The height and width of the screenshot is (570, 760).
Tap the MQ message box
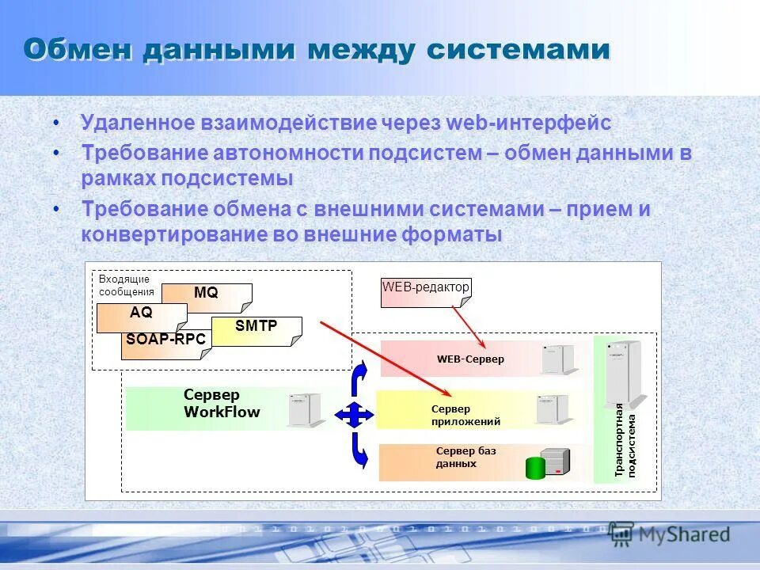207,294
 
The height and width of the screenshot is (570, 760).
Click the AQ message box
141,313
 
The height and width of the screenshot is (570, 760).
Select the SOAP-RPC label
165,340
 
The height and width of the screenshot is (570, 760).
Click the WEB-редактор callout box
426,287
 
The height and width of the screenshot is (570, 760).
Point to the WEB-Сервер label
470,359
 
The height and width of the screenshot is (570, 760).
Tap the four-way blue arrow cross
354,414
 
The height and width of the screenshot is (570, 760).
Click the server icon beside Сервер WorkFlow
305,409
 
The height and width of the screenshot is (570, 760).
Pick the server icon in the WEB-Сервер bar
559,359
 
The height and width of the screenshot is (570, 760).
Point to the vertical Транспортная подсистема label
625,439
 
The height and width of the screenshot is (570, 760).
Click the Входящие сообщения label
126,285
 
